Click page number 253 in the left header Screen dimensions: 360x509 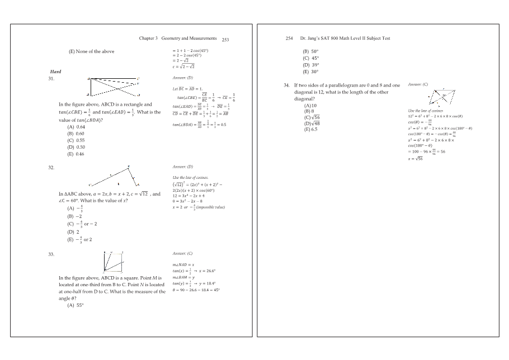coord(225,40)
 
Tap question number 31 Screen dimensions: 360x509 coord(51,79)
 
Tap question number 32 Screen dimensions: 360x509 coord(51,167)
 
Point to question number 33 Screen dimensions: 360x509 coord(51,254)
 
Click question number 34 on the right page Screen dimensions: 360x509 coord(287,85)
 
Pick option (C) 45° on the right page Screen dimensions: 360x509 coord(310,58)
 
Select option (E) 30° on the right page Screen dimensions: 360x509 coord(310,72)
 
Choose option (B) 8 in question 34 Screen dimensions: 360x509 coord(309,111)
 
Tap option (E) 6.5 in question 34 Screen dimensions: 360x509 coord(310,130)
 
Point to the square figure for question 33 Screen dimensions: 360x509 coord(114,262)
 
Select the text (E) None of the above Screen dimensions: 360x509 coord(91,51)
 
